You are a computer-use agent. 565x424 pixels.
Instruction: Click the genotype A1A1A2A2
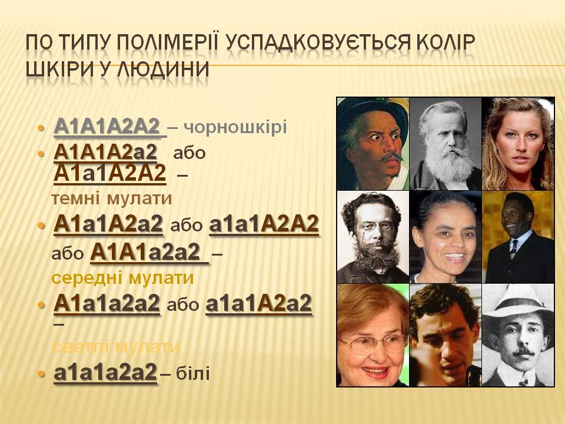click(x=108, y=126)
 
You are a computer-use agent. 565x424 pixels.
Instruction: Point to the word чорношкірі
click(x=237, y=127)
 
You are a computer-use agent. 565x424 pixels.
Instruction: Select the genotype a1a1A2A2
click(x=264, y=224)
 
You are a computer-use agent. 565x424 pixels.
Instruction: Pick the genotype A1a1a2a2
click(x=107, y=304)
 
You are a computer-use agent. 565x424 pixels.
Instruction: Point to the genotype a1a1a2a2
click(x=106, y=373)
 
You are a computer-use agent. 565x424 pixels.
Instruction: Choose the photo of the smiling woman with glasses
click(x=373, y=335)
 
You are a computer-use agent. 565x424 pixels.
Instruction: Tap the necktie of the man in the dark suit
click(x=513, y=248)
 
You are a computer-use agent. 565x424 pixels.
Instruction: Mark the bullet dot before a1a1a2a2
click(x=41, y=374)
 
